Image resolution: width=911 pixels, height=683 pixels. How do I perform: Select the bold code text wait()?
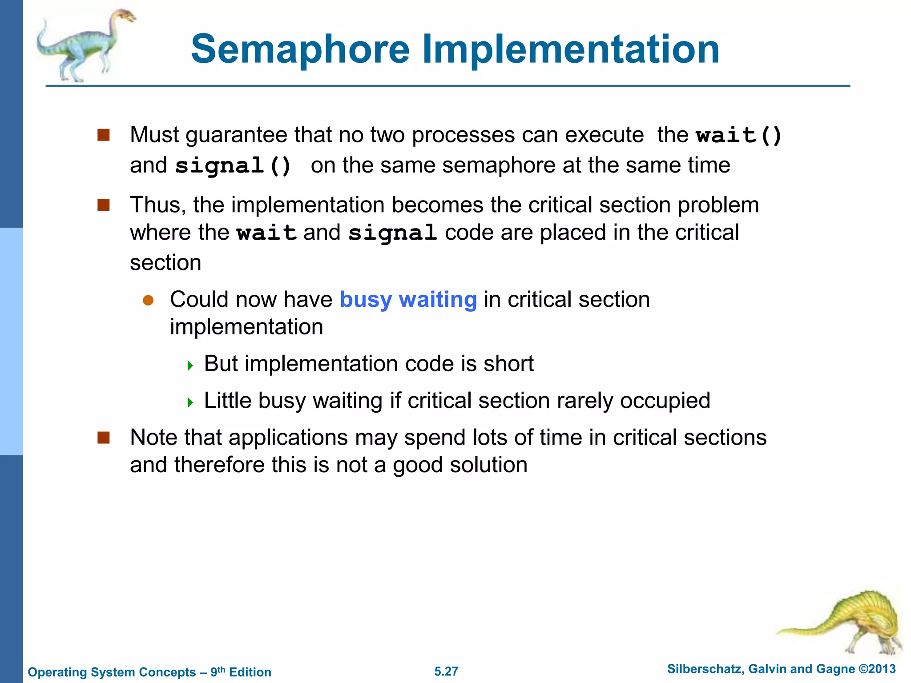tap(739, 135)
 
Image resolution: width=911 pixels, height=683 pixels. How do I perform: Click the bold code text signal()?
tap(233, 166)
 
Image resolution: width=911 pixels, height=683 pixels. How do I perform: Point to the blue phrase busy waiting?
tap(408, 299)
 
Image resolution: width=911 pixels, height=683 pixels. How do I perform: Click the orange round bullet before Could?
tap(148, 301)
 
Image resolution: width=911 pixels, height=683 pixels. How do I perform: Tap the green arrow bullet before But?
tap(190, 366)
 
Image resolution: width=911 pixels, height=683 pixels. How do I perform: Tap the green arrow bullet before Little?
tap(190, 403)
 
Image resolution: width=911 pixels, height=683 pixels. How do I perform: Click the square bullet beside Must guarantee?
tap(104, 135)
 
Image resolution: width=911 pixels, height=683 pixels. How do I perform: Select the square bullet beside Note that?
tap(104, 438)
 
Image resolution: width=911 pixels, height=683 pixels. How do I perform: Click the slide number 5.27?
tap(446, 671)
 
